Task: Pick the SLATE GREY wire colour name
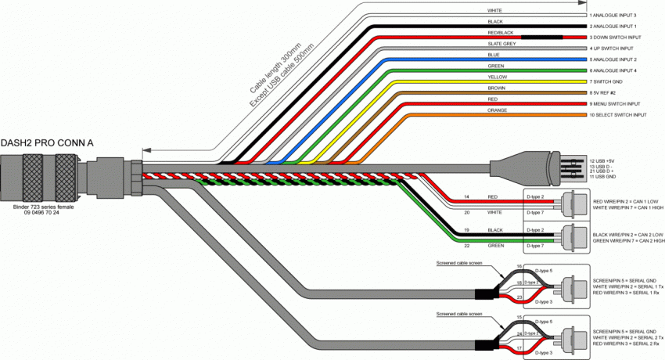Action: [x=501, y=44]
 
